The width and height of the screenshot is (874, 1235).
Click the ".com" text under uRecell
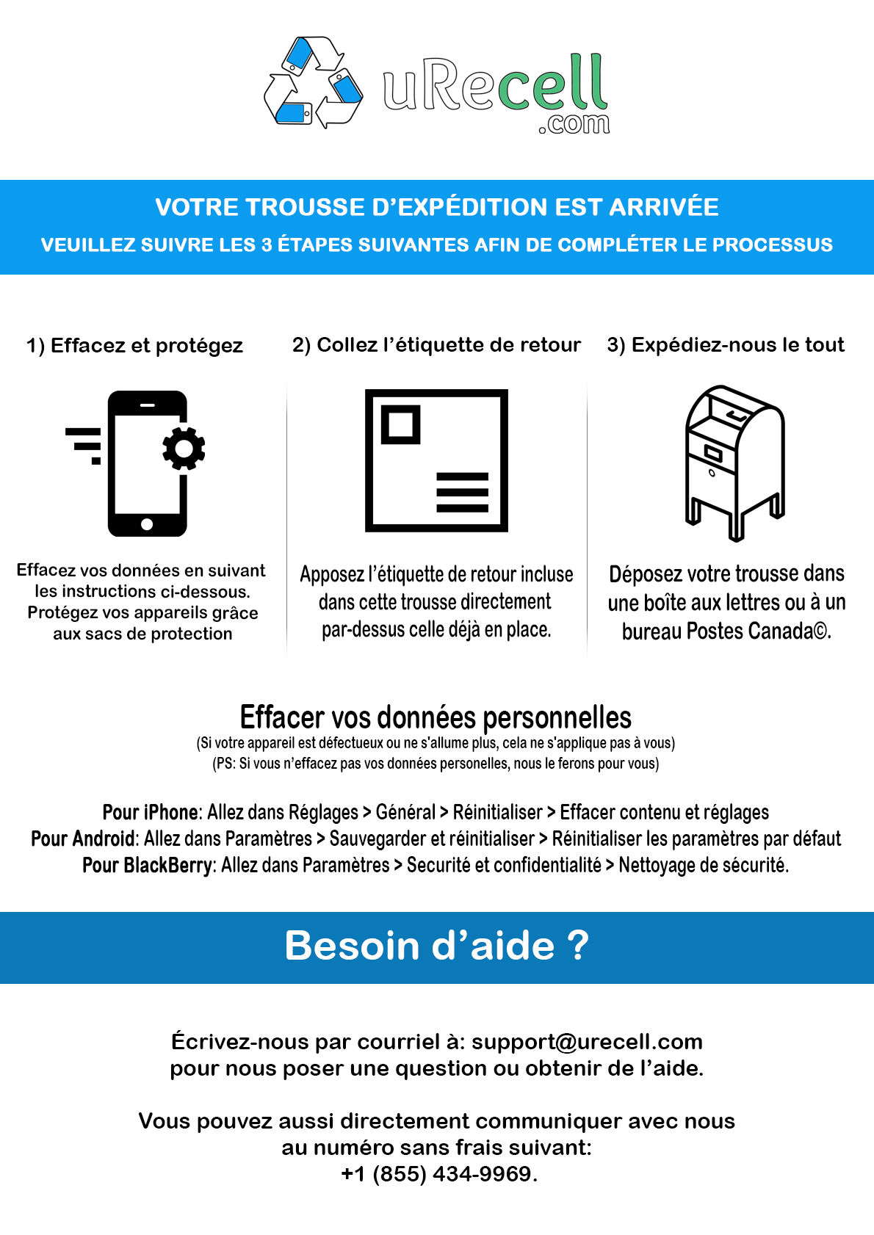pos(574,124)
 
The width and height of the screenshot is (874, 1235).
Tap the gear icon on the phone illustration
pos(184,448)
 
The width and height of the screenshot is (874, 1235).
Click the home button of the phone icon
pos(147,524)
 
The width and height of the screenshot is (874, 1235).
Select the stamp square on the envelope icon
pos(400,424)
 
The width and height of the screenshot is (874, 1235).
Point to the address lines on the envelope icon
pos(462,492)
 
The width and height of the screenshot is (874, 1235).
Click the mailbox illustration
pos(734,463)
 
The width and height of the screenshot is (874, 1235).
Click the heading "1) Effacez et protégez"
pos(134,345)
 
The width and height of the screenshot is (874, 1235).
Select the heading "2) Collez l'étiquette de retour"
pos(436,344)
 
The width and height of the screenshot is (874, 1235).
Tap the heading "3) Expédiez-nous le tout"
pos(726,344)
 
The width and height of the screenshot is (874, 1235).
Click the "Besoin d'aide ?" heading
pos(436,946)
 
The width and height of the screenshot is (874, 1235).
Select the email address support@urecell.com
pos(587,1041)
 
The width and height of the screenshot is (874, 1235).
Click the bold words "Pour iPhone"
pos(151,812)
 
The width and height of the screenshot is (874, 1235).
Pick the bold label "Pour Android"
pos(83,839)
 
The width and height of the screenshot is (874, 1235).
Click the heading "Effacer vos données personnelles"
pos(436,717)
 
